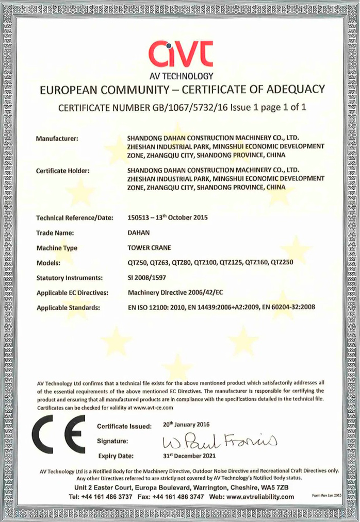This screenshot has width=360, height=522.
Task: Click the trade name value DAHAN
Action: tap(139, 232)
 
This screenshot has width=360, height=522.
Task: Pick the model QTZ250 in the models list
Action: tap(282, 262)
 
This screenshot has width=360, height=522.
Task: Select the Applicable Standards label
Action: tap(68, 308)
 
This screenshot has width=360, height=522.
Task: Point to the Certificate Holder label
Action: tap(63, 170)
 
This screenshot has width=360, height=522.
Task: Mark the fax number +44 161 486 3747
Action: tap(180, 497)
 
